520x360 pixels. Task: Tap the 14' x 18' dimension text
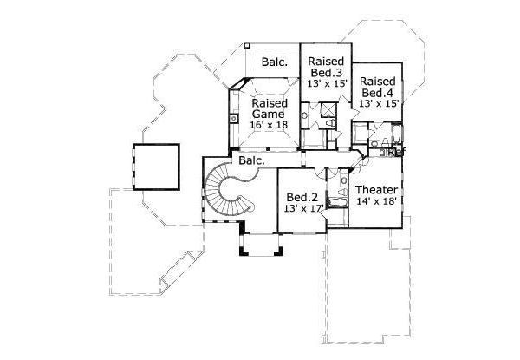376,202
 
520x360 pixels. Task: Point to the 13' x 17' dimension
301,210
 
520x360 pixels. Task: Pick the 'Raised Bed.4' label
378,87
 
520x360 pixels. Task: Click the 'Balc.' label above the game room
276,62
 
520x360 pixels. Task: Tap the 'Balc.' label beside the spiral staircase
252,161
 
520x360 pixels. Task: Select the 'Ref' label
397,153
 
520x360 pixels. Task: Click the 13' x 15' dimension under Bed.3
328,83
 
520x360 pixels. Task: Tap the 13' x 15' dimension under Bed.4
378,103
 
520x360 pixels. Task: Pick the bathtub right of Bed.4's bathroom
396,134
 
